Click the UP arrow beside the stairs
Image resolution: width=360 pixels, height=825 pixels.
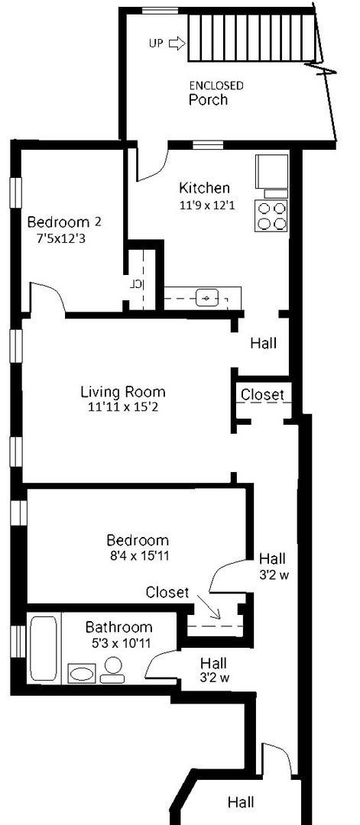click(x=177, y=44)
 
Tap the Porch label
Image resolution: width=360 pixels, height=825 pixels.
click(x=209, y=100)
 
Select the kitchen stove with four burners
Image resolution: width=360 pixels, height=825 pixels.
click(x=271, y=215)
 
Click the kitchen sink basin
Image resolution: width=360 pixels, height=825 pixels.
click(x=207, y=299)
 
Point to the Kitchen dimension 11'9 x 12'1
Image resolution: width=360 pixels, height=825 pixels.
click(x=207, y=205)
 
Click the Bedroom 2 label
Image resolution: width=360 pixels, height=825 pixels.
click(x=64, y=222)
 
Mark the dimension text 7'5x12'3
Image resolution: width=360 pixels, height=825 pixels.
click(x=61, y=238)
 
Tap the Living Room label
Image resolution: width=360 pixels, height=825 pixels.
click(x=122, y=392)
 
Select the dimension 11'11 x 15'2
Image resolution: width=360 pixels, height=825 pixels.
click(x=122, y=406)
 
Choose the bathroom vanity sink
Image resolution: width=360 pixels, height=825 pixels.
click(x=82, y=674)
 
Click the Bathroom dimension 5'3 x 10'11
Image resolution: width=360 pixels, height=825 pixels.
click(x=119, y=642)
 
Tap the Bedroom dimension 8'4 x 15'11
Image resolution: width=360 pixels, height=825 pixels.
click(x=138, y=555)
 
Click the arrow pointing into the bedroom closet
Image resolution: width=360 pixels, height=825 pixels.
click(x=209, y=607)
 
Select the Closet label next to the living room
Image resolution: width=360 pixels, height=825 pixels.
click(x=262, y=394)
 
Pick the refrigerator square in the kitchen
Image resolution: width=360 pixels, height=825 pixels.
click(x=272, y=172)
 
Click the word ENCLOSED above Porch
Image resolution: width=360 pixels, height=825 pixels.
click(x=216, y=86)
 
